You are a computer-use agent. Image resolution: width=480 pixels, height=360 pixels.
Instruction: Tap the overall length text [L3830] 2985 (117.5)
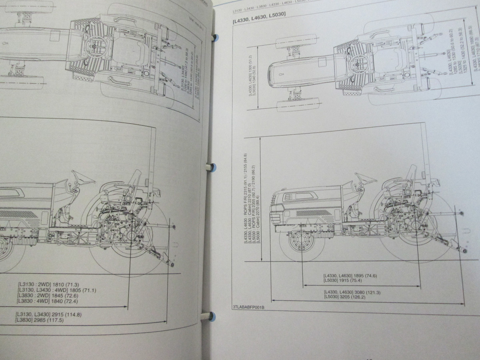tap(43, 320)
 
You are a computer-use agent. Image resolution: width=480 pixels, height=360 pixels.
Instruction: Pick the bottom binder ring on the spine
tap(207, 316)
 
